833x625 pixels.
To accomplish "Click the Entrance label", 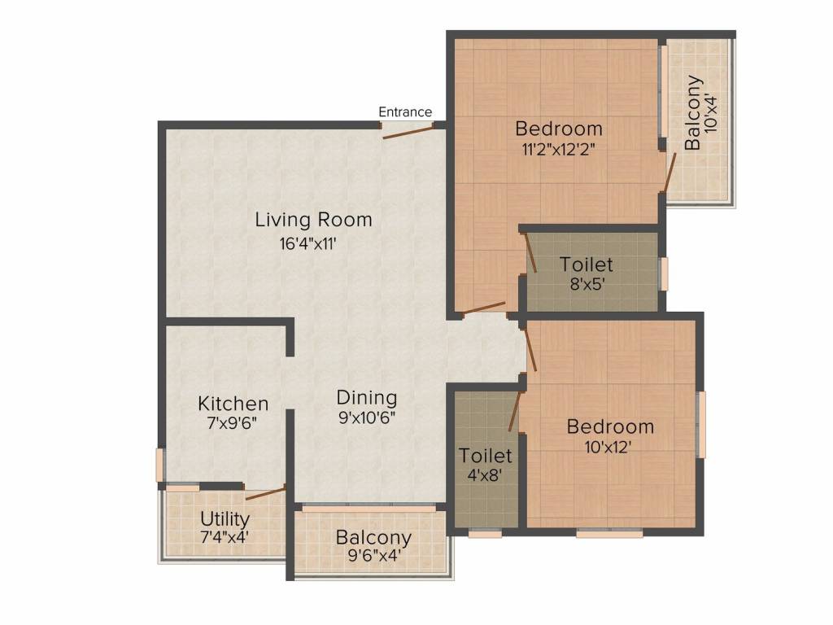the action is coord(405,112).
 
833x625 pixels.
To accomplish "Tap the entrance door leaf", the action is coord(408,132).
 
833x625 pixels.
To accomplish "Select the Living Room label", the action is coord(313,220).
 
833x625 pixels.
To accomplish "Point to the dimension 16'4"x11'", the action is coord(308,244).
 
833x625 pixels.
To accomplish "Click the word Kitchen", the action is coord(233,404).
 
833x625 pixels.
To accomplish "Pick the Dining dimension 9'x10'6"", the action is coord(367,417).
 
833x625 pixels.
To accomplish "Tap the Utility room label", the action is coord(225,518).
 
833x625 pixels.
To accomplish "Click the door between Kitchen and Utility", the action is coord(266,492).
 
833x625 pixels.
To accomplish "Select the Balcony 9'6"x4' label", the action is coord(374,546).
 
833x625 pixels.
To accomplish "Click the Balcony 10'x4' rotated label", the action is coord(700,112).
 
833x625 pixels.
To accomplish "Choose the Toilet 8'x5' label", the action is coord(587,273).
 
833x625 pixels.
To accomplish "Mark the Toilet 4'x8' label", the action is coord(486,464).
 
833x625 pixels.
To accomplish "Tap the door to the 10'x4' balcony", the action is coord(669,173).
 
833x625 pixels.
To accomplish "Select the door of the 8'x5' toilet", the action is coord(530,253).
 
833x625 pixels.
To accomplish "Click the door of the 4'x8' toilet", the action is coord(514,411).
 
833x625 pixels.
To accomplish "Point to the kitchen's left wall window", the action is coord(159,465).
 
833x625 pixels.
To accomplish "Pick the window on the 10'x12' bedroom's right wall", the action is coord(702,424).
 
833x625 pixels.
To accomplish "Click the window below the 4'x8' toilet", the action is coord(485,533).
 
